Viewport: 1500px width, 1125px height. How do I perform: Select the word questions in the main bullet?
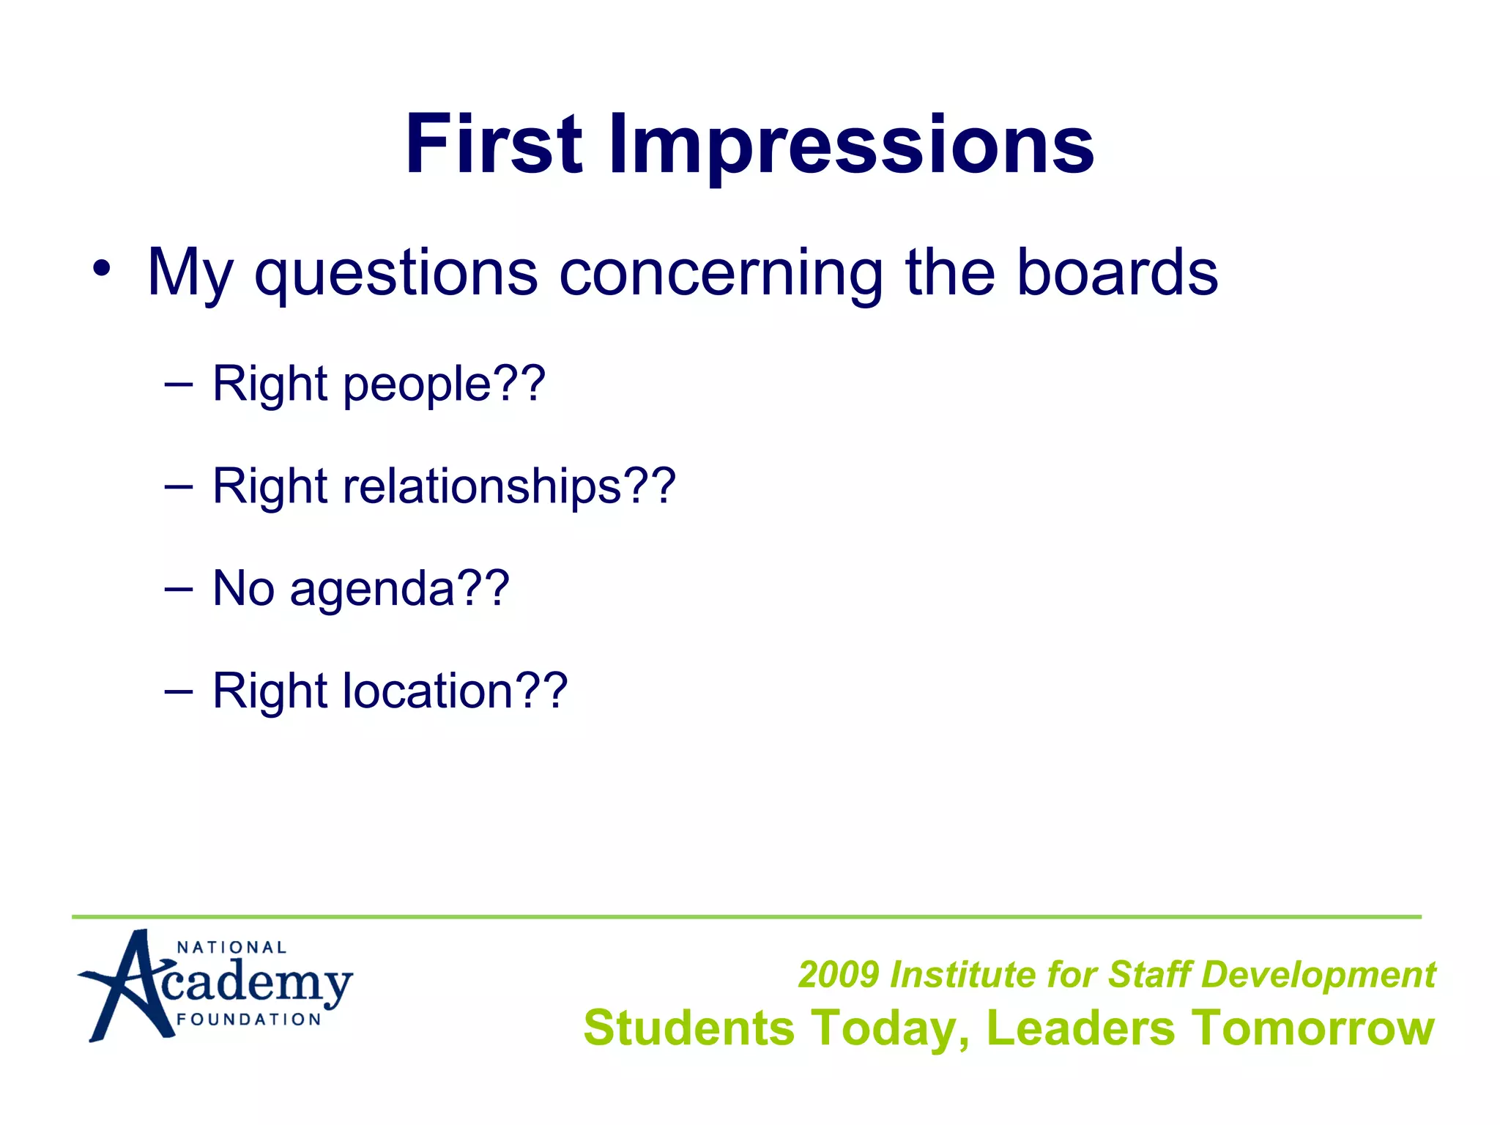point(396,272)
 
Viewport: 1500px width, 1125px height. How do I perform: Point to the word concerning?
point(721,272)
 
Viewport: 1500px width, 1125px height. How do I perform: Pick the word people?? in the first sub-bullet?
point(444,385)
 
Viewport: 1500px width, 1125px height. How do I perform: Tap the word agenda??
point(399,590)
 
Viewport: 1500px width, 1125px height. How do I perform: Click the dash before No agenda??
point(179,588)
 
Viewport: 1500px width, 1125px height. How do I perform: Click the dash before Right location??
point(179,690)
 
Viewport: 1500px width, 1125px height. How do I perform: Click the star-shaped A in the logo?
point(128,985)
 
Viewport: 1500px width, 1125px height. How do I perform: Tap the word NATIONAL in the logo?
point(231,948)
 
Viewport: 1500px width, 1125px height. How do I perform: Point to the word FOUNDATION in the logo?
point(249,1020)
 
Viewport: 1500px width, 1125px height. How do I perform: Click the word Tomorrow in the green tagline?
point(1312,1028)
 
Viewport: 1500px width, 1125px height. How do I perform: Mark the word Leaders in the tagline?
point(1080,1028)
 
